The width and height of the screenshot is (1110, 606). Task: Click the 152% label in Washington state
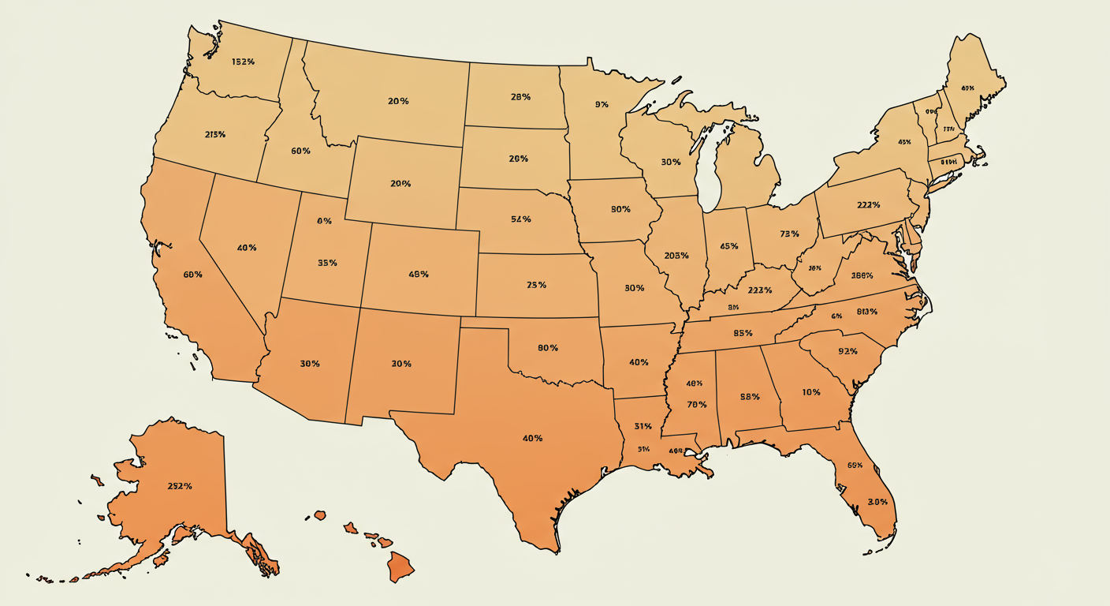pyautogui.click(x=243, y=62)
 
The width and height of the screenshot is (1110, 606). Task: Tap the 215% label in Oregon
pyautogui.click(x=214, y=134)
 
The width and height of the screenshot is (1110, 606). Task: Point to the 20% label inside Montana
pyautogui.click(x=398, y=101)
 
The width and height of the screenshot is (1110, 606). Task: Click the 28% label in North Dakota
pyautogui.click(x=520, y=97)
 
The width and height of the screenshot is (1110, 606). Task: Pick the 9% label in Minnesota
pyautogui.click(x=602, y=104)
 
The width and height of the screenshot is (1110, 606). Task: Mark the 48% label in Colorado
pyautogui.click(x=419, y=275)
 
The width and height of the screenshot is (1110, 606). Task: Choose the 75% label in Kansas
pyautogui.click(x=536, y=285)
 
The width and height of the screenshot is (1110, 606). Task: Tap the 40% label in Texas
pyautogui.click(x=532, y=438)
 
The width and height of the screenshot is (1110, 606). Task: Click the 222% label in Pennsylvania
pyautogui.click(x=867, y=204)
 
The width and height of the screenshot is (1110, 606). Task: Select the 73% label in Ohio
pyautogui.click(x=789, y=234)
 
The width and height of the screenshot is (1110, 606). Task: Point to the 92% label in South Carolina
pyautogui.click(x=847, y=351)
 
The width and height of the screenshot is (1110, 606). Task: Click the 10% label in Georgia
pyautogui.click(x=811, y=392)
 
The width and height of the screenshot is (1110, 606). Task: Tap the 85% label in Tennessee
pyautogui.click(x=742, y=333)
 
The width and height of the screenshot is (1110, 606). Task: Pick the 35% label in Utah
pyautogui.click(x=327, y=263)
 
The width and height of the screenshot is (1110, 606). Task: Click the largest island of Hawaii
pyautogui.click(x=401, y=567)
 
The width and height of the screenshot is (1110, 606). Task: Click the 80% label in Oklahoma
pyautogui.click(x=548, y=348)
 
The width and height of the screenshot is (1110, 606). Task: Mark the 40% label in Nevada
pyautogui.click(x=246, y=248)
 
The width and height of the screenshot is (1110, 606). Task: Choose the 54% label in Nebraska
pyautogui.click(x=520, y=219)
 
